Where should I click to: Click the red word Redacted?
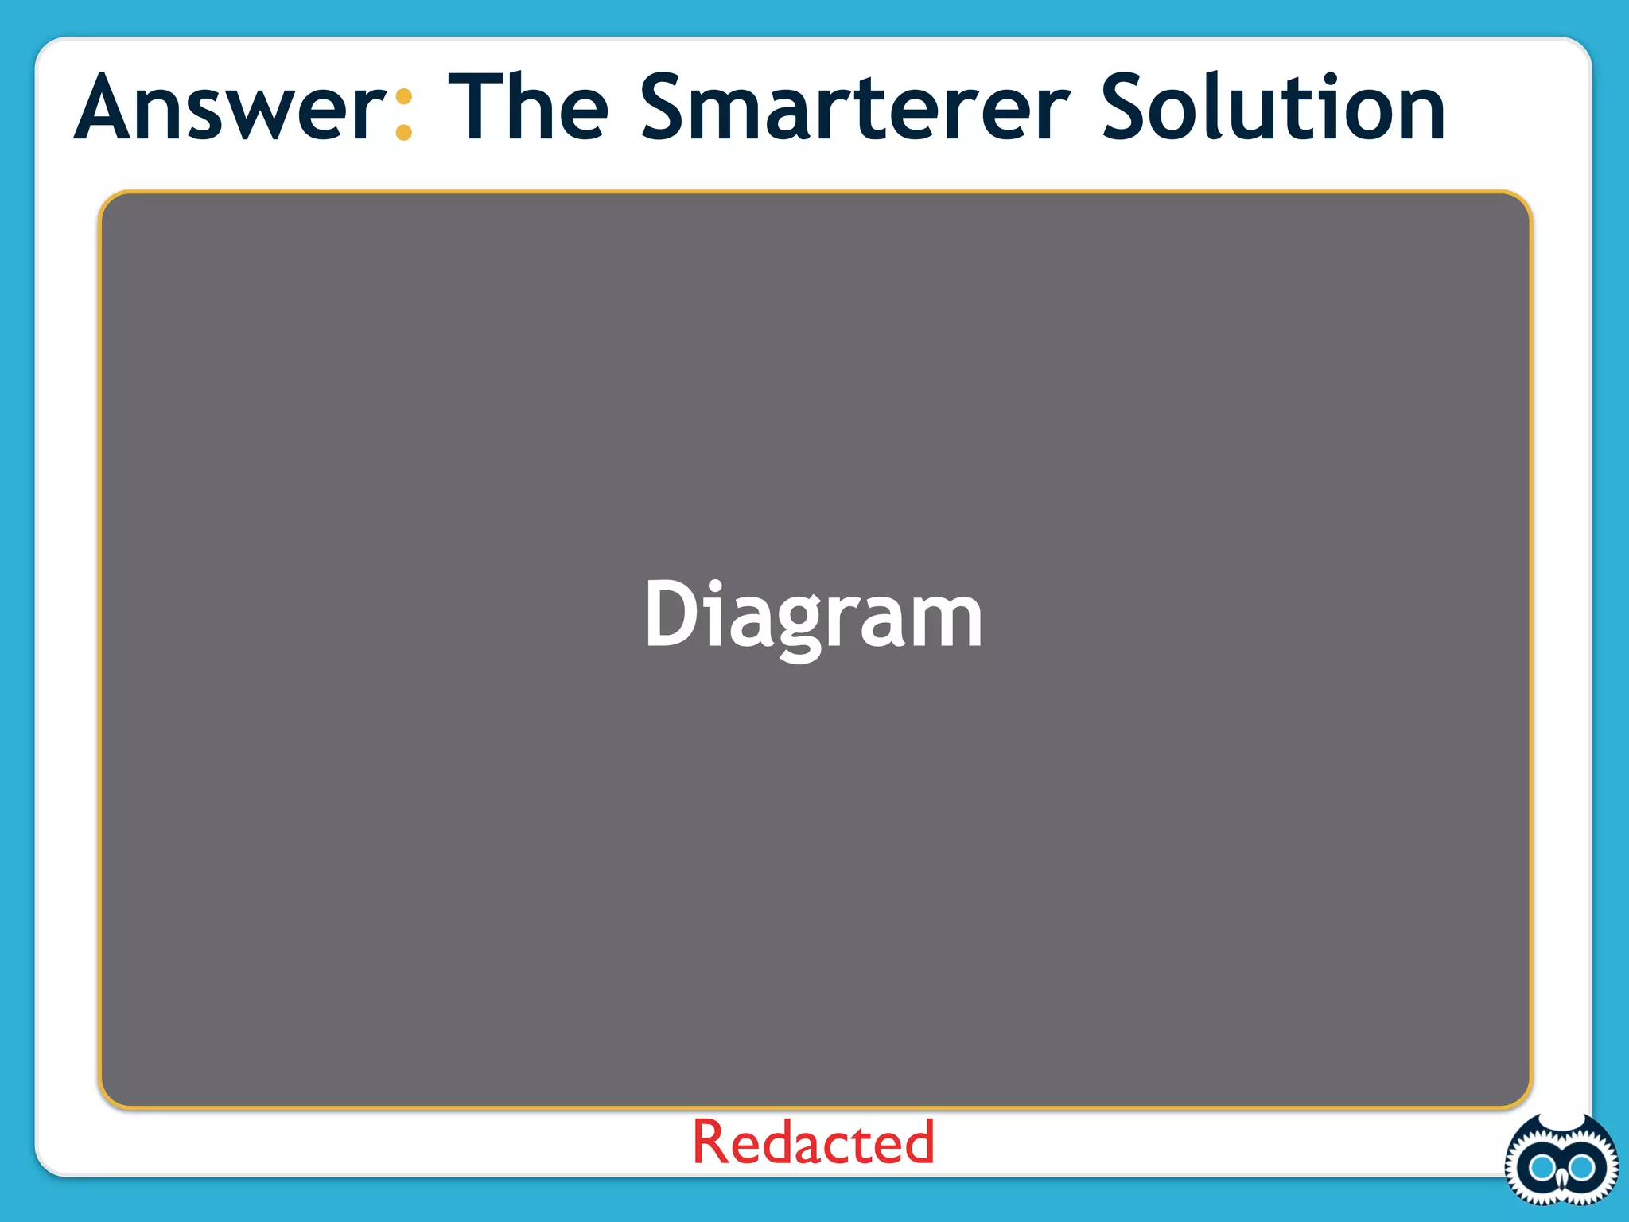pyautogui.click(x=813, y=1142)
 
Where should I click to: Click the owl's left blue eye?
pyautogui.click(x=1542, y=1168)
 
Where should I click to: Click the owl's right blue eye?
pyautogui.click(x=1580, y=1168)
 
